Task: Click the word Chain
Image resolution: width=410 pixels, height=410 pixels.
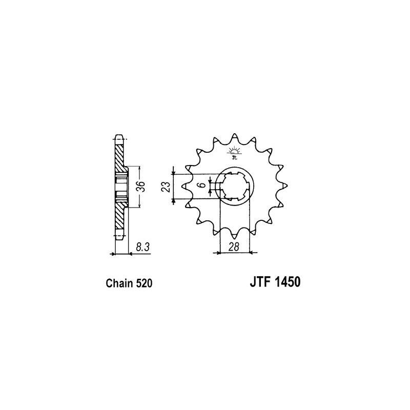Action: (120, 283)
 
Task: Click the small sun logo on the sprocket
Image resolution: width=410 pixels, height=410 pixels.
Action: (235, 152)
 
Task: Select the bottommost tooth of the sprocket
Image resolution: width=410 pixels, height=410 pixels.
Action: (235, 237)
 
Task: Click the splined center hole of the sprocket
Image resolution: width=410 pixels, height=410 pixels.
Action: (235, 187)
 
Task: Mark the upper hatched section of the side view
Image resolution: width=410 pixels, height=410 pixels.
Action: (120, 156)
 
